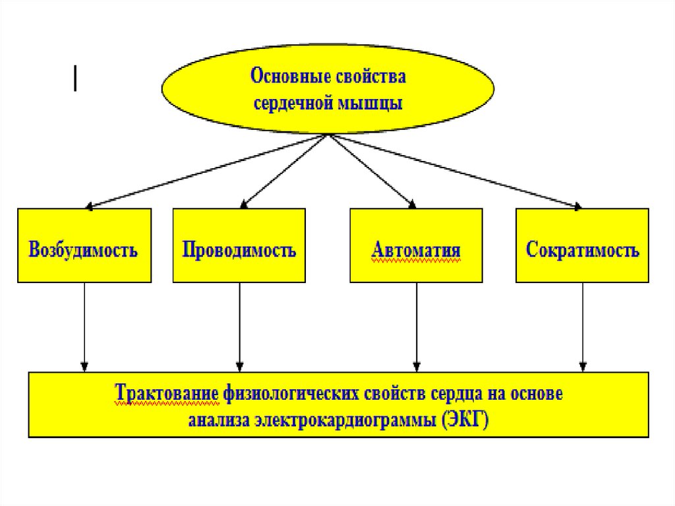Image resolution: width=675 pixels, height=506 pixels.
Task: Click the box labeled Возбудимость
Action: point(84,245)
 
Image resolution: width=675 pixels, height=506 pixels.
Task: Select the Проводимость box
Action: point(239,245)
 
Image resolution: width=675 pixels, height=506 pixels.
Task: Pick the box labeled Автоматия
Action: point(415,245)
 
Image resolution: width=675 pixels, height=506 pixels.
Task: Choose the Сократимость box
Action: point(582,245)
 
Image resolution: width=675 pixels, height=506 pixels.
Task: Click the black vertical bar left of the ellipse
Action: point(76,79)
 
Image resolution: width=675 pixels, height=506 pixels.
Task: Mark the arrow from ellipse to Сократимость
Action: point(455,171)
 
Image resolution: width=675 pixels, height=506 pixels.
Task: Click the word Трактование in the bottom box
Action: point(167,395)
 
